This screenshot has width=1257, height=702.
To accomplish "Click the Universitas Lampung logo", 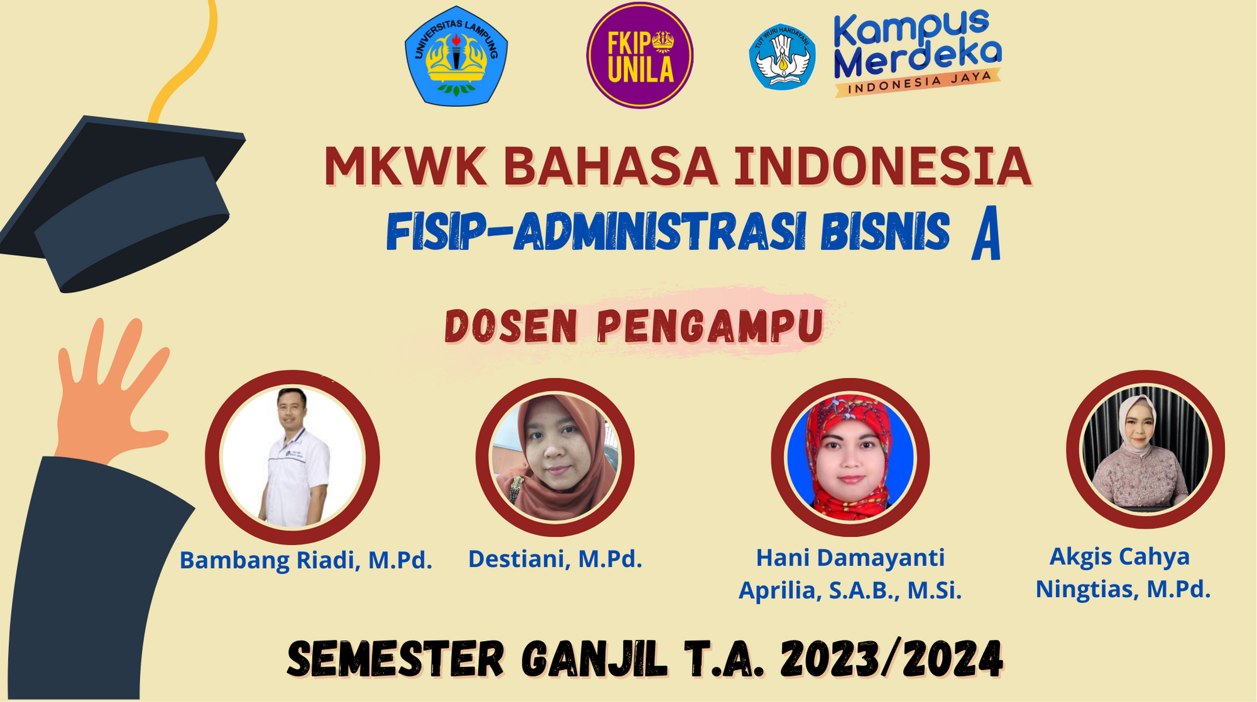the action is click(456, 56).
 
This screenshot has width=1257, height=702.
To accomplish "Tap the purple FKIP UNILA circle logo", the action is click(640, 55).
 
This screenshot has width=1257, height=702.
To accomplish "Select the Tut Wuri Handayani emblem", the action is click(782, 57).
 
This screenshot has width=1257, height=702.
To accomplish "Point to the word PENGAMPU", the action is click(710, 326).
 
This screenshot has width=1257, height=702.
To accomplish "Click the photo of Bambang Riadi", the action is click(293, 457).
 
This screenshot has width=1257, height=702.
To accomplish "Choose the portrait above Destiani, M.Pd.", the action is click(555, 458).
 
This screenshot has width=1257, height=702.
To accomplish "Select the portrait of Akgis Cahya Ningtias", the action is click(1145, 449).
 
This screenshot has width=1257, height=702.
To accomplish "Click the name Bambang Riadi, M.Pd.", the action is click(306, 560).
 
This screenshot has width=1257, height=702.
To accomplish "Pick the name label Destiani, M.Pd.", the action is click(555, 559).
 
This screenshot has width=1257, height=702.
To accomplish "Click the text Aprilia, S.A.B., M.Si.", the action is click(850, 590).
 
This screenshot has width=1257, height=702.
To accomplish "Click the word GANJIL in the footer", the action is click(594, 659).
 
